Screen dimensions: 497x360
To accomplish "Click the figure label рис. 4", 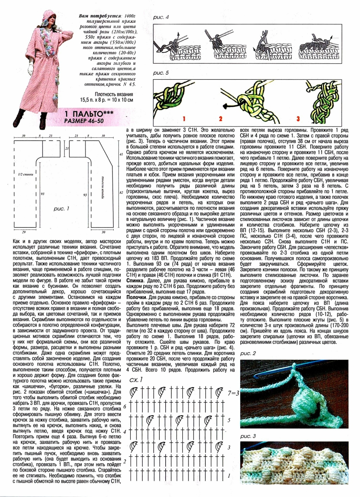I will (161, 17).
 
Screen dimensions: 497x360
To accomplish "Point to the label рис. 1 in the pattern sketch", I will (61, 209).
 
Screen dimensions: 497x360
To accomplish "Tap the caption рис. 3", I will (248, 436).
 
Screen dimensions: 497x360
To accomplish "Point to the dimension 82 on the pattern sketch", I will (121, 192).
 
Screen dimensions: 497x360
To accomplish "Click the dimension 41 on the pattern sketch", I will (121, 155).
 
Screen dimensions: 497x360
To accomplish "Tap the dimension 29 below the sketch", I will (24, 232).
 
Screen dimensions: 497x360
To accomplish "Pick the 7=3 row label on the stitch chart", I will (234, 393).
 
